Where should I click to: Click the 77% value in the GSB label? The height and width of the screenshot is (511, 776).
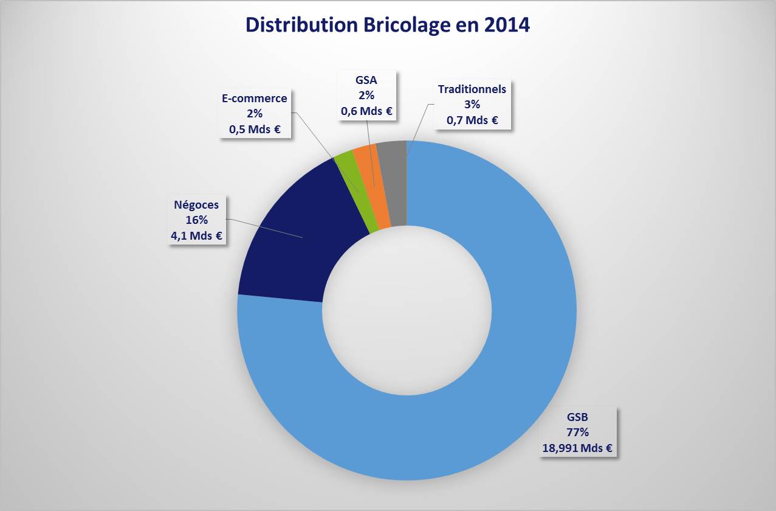point(577,433)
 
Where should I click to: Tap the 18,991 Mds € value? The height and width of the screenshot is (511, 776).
point(577,448)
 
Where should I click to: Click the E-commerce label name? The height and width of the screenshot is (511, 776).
point(255,98)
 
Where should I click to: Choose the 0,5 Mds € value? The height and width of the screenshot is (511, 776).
point(255,129)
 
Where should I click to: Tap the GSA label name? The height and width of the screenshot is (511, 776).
point(366,79)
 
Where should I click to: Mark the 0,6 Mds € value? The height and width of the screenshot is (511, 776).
point(366,111)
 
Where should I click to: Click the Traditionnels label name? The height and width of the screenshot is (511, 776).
point(472,89)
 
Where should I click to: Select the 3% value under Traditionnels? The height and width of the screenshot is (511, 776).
point(472,104)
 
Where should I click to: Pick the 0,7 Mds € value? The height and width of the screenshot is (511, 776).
point(472,120)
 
